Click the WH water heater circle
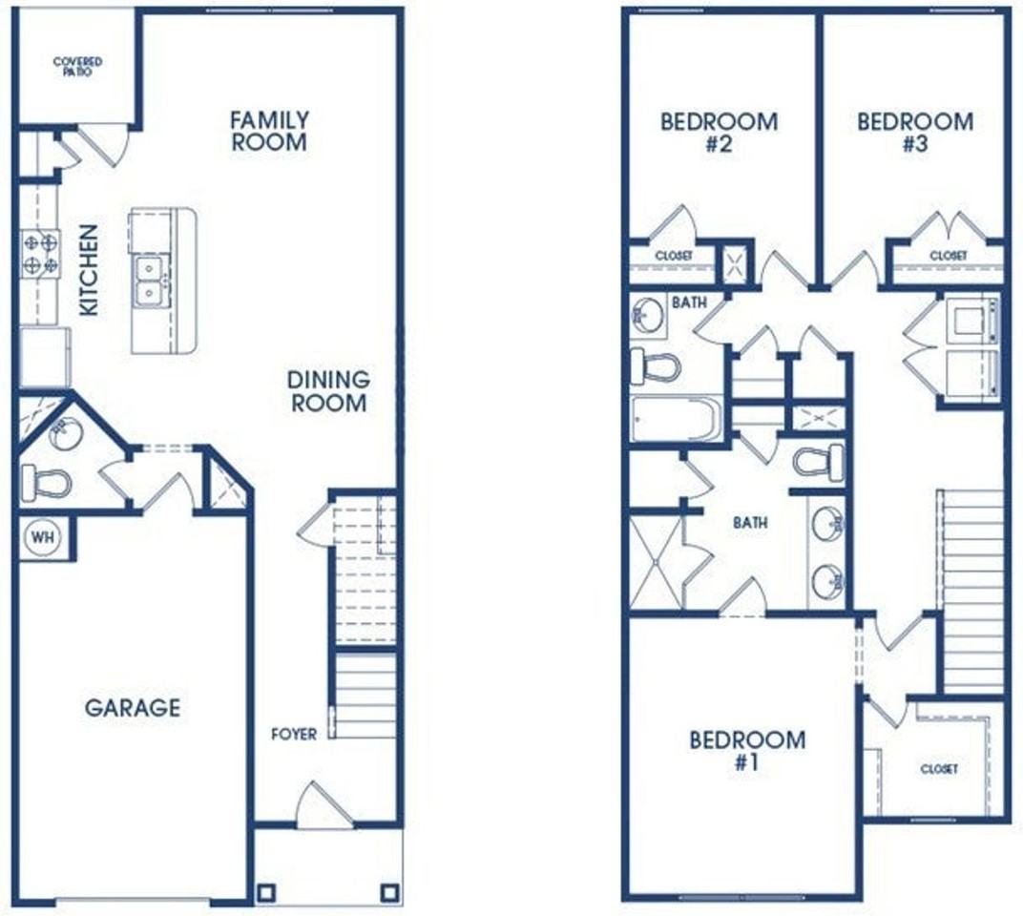click(x=43, y=537)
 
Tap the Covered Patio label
click(x=77, y=67)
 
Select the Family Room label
click(x=269, y=131)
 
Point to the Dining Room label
click(x=329, y=391)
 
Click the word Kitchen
click(x=89, y=270)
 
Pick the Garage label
click(x=133, y=707)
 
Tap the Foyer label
click(x=294, y=734)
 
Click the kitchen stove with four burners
click(x=40, y=254)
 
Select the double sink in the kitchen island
click(x=151, y=281)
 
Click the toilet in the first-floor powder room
click(x=46, y=484)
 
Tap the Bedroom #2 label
click(x=719, y=132)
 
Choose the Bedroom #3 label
click(x=915, y=132)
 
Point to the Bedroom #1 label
click(x=747, y=750)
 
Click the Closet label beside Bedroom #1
click(x=939, y=769)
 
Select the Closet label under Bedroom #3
click(x=948, y=256)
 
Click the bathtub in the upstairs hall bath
click(x=677, y=419)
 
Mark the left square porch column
click(x=267, y=891)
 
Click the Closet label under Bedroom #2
click(x=674, y=256)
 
